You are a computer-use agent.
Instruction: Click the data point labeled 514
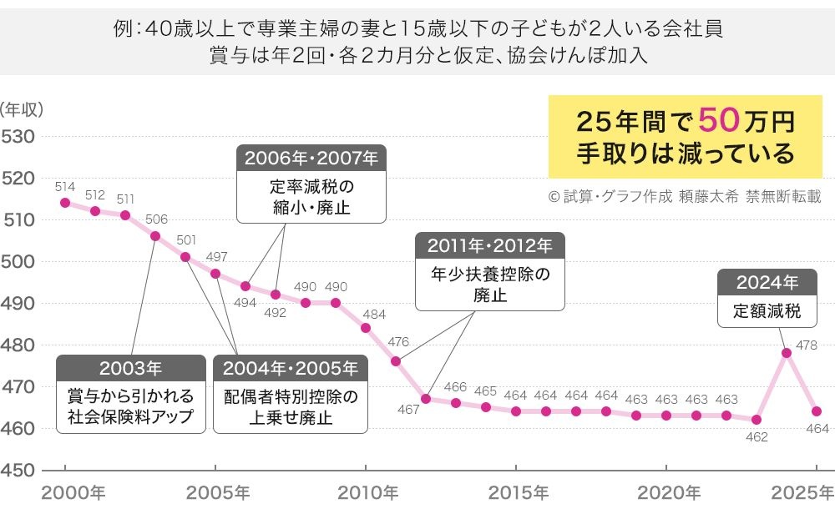(65, 203)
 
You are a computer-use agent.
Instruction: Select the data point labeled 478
(787, 353)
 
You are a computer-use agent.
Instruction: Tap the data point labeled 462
(757, 420)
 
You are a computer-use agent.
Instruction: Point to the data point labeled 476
(396, 361)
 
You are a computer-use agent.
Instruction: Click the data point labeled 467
(426, 399)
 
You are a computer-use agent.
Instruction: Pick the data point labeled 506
(155, 236)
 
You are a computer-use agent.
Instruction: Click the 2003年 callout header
(130, 368)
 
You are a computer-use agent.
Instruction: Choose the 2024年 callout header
(767, 282)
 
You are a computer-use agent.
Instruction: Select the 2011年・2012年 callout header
(490, 245)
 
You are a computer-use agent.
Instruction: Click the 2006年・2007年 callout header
(311, 158)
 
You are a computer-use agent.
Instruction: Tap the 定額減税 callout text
(767, 312)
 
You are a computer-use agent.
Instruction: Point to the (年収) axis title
(22, 108)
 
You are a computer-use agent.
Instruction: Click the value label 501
(186, 239)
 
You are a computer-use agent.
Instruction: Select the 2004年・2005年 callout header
(290, 368)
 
